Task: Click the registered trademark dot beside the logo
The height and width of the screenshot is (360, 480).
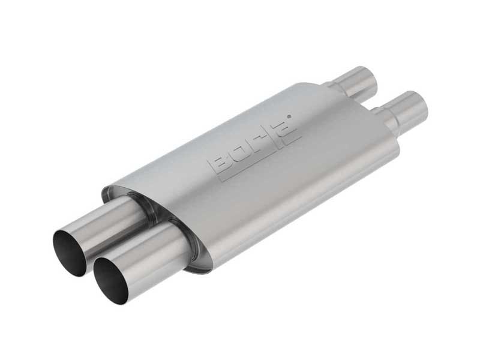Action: tap(289, 116)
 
